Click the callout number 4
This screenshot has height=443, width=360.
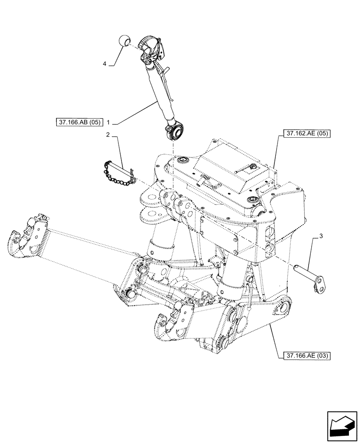[105, 64]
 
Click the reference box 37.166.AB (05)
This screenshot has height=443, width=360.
[80, 121]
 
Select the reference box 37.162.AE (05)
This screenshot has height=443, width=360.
[305, 133]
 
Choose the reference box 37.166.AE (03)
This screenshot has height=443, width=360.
[305, 355]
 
